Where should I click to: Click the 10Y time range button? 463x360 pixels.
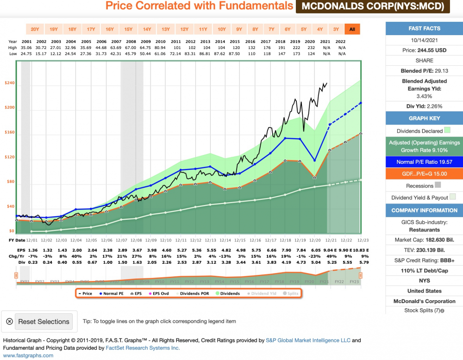[222, 29]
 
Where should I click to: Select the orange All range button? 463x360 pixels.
[352, 29]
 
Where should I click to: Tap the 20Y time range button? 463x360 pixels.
[35, 29]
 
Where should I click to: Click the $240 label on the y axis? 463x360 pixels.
[10, 83]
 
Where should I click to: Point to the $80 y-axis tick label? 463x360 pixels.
[10, 182]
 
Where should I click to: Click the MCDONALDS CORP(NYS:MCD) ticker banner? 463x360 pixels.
[373, 6]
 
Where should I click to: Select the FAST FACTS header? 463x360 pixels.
[424, 29]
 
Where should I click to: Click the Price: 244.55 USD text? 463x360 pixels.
[424, 50]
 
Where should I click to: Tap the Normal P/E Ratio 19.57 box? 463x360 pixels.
[424, 162]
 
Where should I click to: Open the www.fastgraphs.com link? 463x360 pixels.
[28, 355]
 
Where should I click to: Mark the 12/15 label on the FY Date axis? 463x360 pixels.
[239, 240]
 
